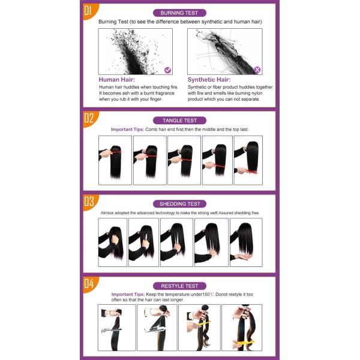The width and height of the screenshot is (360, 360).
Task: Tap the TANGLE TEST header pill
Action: (180, 120)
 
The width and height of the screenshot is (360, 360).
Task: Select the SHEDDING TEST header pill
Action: (180, 203)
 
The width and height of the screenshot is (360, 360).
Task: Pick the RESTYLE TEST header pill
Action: (180, 286)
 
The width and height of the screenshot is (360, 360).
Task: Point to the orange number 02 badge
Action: (88, 118)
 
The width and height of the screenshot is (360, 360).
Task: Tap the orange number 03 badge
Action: (88, 201)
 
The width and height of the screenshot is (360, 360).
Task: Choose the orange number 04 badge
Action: (88, 283)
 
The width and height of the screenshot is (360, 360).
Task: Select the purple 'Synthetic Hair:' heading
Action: (209, 79)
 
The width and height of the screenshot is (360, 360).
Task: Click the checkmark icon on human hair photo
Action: (168, 70)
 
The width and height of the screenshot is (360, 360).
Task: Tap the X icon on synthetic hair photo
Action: (257, 70)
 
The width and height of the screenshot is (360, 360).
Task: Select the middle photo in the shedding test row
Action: (178, 242)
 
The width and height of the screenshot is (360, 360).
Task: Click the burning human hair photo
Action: (136, 52)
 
